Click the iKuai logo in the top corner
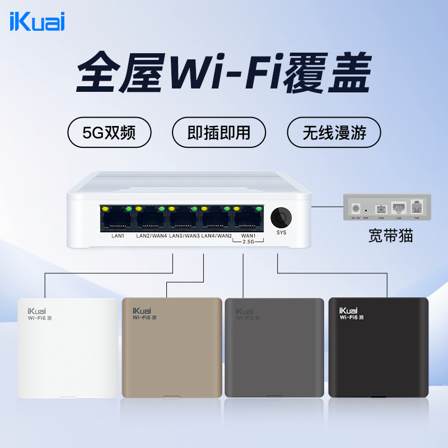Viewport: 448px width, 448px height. pos(38,22)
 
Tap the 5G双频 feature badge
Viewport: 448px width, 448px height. pos(109,133)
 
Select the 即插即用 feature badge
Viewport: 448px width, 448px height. pos(218,133)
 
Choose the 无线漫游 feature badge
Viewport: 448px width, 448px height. pos(334,133)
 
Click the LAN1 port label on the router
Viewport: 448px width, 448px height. pos(118,236)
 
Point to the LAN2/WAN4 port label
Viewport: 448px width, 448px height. pos(152,236)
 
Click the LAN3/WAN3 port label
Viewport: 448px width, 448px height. pos(184,236)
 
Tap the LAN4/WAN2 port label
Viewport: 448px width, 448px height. pos(217,236)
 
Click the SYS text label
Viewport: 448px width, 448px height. pos(281,232)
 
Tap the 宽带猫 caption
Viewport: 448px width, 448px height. pos(390,235)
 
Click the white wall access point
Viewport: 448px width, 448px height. pos(68,348)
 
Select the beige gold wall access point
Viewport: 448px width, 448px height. pos(172,347)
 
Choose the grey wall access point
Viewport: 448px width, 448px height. pos(274,347)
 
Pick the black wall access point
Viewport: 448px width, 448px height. pos(378,347)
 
